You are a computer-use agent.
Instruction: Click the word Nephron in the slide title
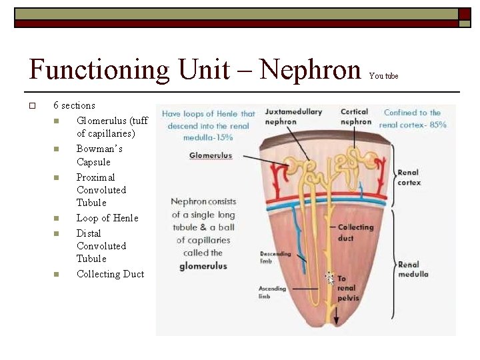[x=310, y=69]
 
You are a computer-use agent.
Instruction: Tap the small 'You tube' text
[x=383, y=76]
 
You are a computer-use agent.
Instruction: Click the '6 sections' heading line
[x=74, y=105]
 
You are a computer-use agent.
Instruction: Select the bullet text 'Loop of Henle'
[x=107, y=218]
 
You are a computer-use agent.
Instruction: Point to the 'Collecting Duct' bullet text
[x=110, y=274]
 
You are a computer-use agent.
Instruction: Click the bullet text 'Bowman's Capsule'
[x=99, y=155]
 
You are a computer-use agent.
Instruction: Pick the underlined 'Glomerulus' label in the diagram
[x=211, y=155]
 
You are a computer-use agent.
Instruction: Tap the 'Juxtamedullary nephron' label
[x=293, y=117]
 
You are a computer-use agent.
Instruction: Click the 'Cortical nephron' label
[x=355, y=117]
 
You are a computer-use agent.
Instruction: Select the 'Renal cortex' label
[x=409, y=177]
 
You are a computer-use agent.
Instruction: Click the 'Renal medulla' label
[x=413, y=269]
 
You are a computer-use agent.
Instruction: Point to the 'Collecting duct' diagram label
[x=355, y=232]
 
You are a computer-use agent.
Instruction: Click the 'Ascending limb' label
[x=272, y=293]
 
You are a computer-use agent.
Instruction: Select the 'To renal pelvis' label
[x=346, y=289]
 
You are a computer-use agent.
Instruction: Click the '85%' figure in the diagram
[x=438, y=125]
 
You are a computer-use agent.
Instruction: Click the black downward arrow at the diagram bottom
[x=336, y=318]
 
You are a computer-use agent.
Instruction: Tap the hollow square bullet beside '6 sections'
[x=31, y=106]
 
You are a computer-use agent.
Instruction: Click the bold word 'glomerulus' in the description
[x=203, y=266]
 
